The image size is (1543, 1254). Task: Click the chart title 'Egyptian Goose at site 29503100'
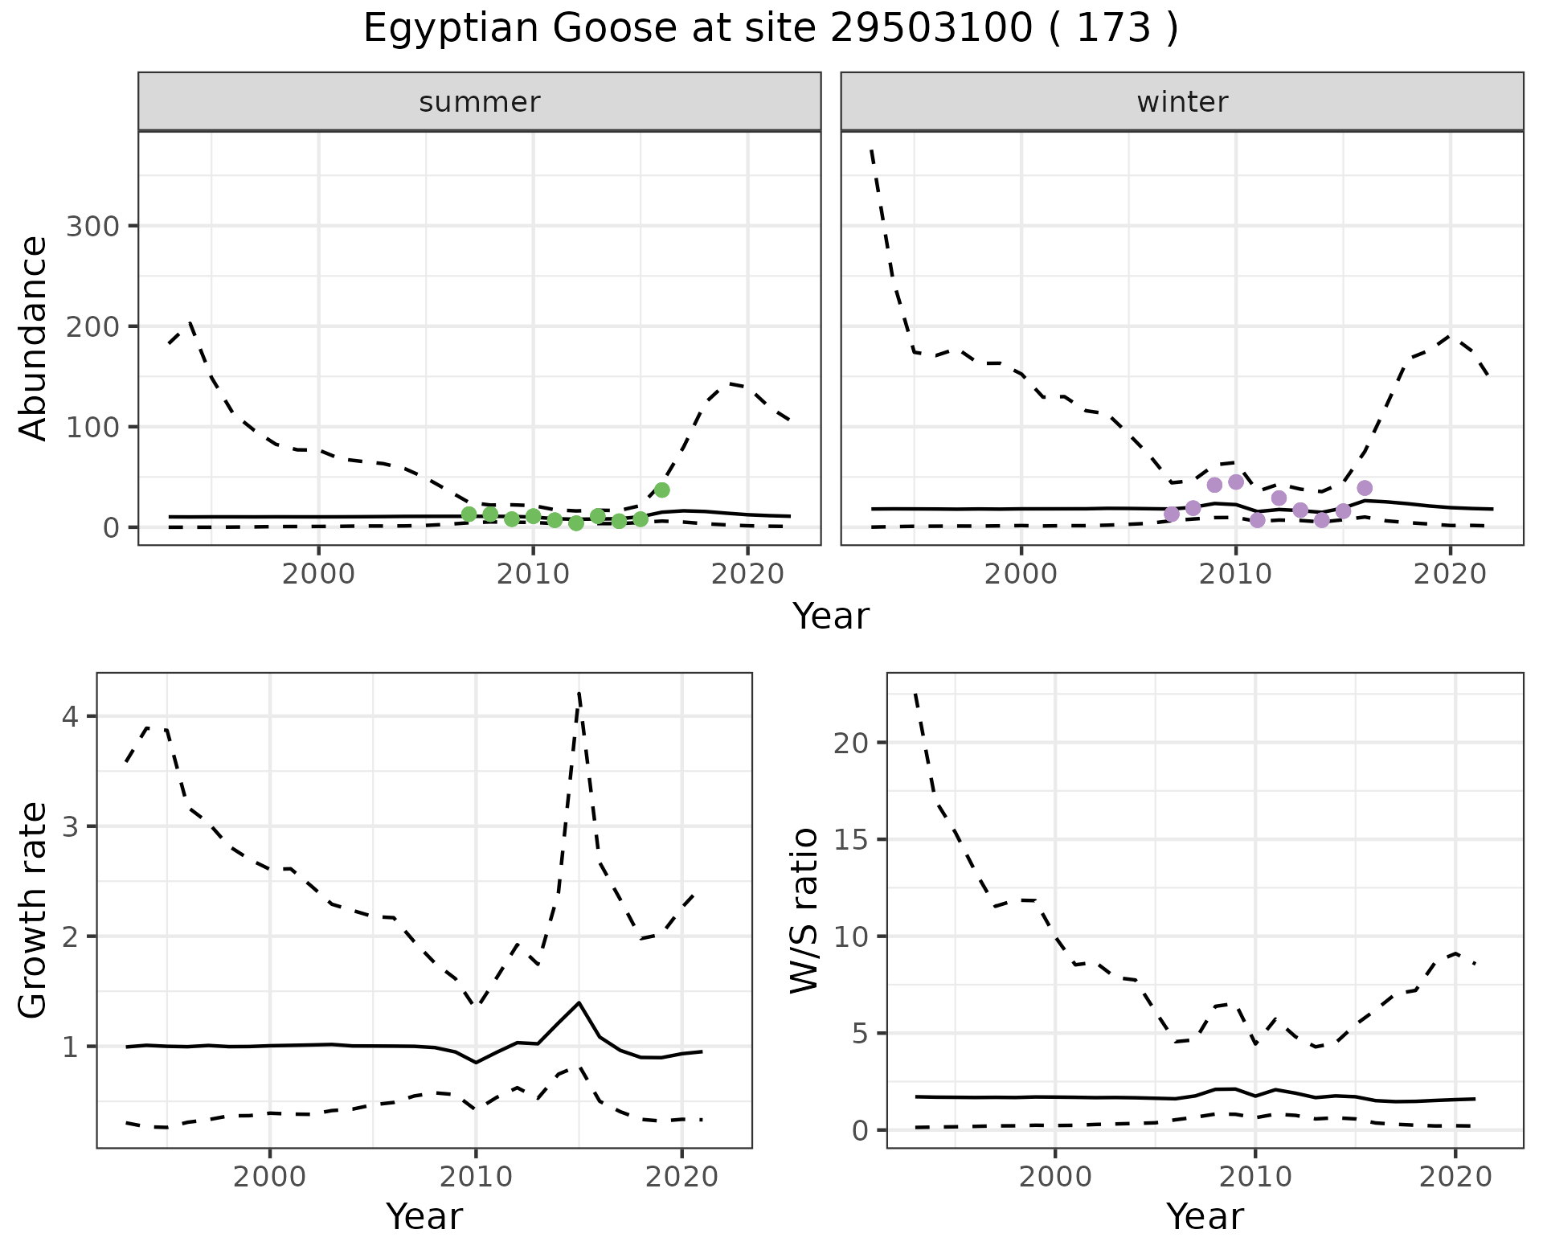point(770,29)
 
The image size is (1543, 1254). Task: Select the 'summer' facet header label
point(480,102)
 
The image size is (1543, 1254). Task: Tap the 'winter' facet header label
point(1182,102)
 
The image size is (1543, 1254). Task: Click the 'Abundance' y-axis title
point(34,338)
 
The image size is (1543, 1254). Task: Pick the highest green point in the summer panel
point(661,490)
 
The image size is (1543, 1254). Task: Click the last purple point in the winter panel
point(1364,488)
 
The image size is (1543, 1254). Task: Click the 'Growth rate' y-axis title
point(34,910)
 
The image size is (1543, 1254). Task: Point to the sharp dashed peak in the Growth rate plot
point(579,693)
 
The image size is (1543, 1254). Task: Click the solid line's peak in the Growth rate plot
point(579,1002)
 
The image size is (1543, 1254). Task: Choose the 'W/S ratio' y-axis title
point(804,910)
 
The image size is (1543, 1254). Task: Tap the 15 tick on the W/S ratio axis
point(850,840)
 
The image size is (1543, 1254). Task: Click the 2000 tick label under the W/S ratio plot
point(1054,1177)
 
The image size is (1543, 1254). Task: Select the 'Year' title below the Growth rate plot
point(424,1216)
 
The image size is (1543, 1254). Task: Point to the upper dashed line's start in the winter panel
point(872,150)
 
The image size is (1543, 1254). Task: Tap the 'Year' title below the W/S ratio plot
point(1205,1216)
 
